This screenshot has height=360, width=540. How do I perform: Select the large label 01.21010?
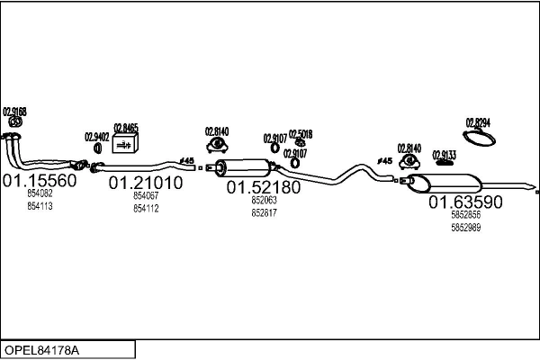pos(146,183)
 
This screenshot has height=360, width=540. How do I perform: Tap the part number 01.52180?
pos(263,187)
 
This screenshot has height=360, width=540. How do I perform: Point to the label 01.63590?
pos(465,202)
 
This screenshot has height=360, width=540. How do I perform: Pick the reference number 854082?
pos(40,193)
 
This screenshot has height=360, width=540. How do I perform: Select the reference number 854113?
pos(40,206)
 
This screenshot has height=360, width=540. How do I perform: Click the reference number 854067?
pos(146,195)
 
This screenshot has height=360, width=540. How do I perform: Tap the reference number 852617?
pos(264,212)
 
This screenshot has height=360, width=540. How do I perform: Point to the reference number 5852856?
pos(465,214)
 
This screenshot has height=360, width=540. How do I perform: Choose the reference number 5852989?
pos(465,227)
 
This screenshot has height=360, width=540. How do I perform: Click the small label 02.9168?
pos(14,112)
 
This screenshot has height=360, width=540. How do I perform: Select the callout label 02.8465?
pos(126,128)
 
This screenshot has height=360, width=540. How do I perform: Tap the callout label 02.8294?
pos(478,121)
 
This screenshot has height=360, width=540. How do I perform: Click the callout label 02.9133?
pos(445,154)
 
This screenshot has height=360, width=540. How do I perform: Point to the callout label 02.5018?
pos(301,134)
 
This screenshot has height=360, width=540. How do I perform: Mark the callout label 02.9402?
pos(97,137)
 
